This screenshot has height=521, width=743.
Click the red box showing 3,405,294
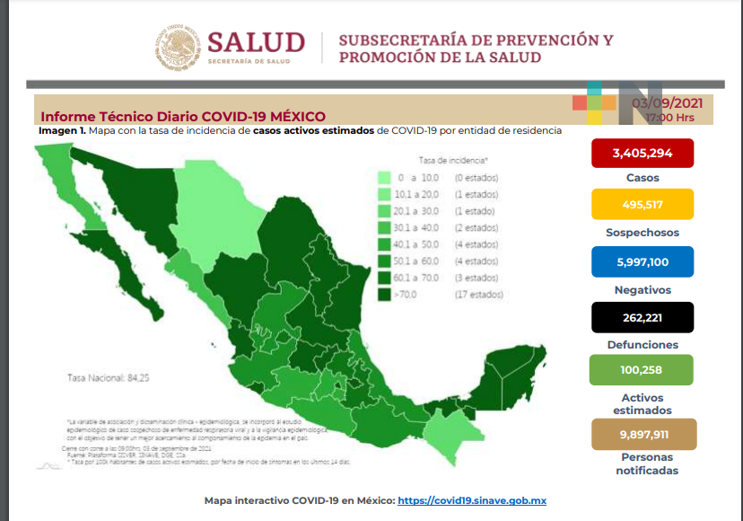pyautogui.click(x=642, y=153)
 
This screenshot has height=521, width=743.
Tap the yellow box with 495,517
pyautogui.click(x=642, y=204)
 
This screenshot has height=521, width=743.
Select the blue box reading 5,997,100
pyautogui.click(x=642, y=260)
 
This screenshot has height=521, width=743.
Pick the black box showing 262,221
pyautogui.click(x=642, y=316)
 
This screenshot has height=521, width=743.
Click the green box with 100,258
pyautogui.click(x=642, y=370)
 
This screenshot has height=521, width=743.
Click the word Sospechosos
pyautogui.click(x=642, y=233)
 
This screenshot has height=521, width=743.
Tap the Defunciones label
pyautogui.click(x=642, y=345)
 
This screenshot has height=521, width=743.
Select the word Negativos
pyautogui.click(x=642, y=289)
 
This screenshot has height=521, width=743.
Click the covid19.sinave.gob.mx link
pyautogui.click(x=472, y=500)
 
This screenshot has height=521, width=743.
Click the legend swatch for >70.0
pyautogui.click(x=383, y=294)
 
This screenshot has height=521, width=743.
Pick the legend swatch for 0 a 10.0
pyautogui.click(x=383, y=178)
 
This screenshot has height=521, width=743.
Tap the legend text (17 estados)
pyautogui.click(x=478, y=294)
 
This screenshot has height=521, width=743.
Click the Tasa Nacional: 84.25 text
pyautogui.click(x=109, y=378)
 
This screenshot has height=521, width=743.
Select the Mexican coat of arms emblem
pyautogui.click(x=180, y=49)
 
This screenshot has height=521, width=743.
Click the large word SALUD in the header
pyautogui.click(x=257, y=42)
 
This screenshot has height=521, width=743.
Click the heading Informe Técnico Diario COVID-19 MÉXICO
pyautogui.click(x=183, y=117)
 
